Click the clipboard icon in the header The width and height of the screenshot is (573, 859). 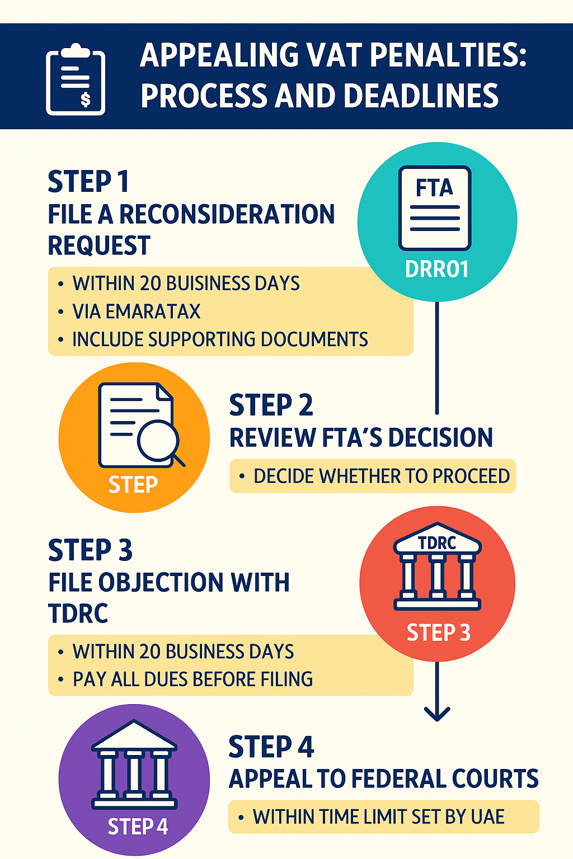[76, 81]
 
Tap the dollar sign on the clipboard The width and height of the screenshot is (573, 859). [85, 100]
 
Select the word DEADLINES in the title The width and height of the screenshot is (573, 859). [421, 96]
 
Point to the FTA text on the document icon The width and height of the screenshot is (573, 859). [434, 188]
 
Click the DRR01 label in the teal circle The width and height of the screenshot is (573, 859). [436, 270]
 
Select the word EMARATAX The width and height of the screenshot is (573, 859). [153, 311]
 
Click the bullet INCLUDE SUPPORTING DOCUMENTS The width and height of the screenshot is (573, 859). [220, 339]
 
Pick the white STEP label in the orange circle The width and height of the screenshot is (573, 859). [133, 484]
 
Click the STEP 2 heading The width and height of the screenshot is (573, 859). [271, 405]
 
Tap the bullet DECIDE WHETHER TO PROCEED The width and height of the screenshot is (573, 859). [381, 476]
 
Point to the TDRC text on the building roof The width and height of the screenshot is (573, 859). [437, 542]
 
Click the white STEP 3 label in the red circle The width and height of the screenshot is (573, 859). [438, 633]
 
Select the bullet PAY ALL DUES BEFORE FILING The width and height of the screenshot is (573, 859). [192, 679]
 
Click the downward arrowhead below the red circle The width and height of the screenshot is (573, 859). [437, 713]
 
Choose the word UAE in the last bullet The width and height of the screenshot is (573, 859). [488, 817]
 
